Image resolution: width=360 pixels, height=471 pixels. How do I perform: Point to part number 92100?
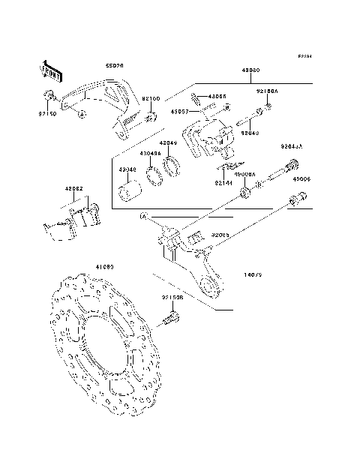pos(152,98)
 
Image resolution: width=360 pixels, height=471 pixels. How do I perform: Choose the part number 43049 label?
pos(169,142)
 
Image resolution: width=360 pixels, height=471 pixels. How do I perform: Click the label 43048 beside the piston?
pos(127,169)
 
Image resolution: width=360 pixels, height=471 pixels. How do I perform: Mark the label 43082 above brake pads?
pos(74,189)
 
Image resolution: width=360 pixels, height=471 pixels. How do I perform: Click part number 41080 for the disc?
pos(104,265)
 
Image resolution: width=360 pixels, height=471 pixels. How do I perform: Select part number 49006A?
pos(244,174)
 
